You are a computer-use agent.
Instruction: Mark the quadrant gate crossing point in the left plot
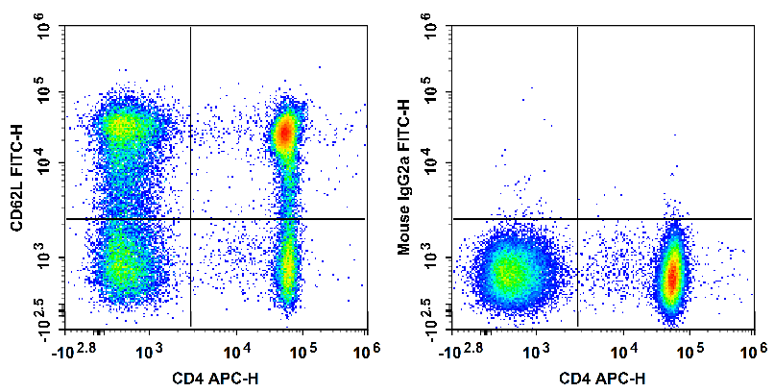(x=190, y=219)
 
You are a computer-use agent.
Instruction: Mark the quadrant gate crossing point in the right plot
(x=577, y=219)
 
